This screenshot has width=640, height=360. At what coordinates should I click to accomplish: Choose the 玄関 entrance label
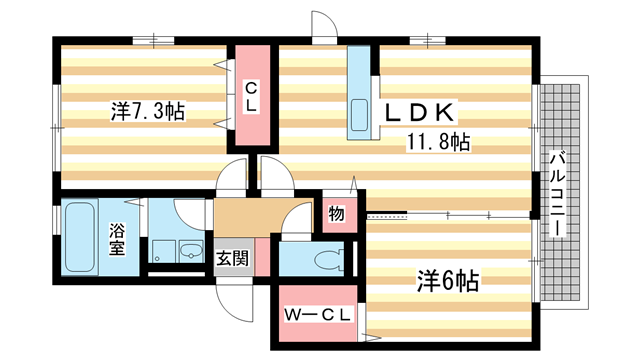tap(233, 257)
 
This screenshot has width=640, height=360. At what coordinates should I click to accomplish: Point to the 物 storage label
tap(336, 212)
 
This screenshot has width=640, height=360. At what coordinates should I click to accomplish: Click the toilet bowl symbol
tap(327, 260)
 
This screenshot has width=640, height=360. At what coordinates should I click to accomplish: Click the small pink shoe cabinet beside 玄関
tap(262, 255)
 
